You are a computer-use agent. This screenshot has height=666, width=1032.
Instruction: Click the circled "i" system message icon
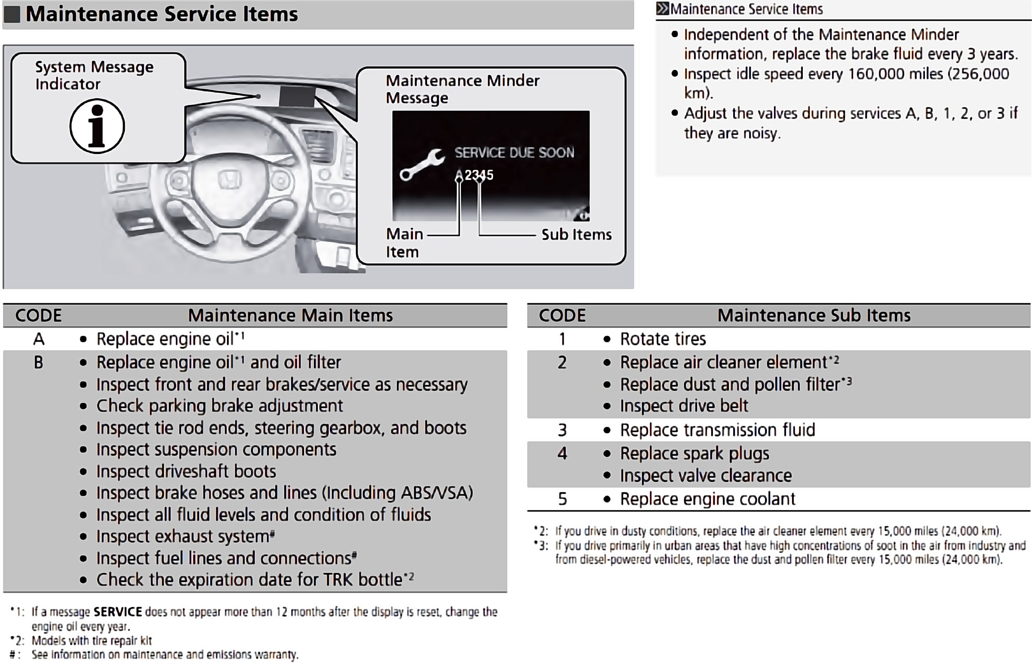[x=97, y=126]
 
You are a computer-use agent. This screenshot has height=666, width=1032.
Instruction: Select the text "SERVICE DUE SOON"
[x=514, y=153]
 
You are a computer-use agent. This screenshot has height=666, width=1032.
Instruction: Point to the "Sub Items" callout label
[x=576, y=235]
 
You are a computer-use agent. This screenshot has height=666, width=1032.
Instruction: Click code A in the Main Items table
[x=39, y=339]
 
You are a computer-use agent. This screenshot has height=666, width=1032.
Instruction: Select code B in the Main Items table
[x=39, y=362]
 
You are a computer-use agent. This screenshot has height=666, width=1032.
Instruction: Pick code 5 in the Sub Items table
[x=562, y=499]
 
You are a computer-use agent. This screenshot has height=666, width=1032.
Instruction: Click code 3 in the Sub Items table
[x=562, y=430]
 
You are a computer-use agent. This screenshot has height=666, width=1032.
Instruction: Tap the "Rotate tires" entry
[x=663, y=339]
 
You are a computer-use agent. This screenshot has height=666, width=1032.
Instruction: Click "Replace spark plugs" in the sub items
[x=694, y=453]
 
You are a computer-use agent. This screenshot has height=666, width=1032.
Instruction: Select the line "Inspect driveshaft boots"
[x=186, y=471]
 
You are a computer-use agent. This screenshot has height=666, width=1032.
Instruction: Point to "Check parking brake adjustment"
[x=219, y=406]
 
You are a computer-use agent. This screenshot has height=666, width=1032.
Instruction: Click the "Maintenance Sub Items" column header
[x=814, y=315]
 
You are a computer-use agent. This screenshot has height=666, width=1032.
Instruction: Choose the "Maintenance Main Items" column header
[x=290, y=315]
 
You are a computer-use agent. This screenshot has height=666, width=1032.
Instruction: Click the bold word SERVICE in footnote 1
[x=118, y=611]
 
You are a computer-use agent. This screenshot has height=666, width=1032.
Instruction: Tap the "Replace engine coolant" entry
[x=707, y=499]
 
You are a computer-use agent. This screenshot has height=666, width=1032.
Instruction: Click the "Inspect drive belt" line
[x=684, y=406]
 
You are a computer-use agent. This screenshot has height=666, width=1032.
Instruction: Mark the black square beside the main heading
[x=12, y=14]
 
